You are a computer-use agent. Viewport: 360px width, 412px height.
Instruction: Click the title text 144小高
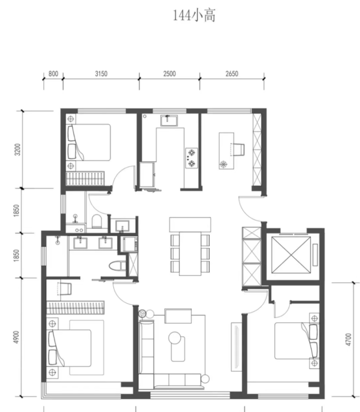pos(194,16)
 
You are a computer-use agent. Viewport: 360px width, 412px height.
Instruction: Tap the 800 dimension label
pos(53,74)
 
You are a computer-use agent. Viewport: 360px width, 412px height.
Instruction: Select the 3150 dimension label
pos(101,74)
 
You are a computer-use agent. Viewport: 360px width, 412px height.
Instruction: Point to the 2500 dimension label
pos(169,74)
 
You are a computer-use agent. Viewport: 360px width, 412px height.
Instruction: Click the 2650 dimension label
pos(232,74)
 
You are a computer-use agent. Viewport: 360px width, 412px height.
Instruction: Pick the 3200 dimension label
pos(18,150)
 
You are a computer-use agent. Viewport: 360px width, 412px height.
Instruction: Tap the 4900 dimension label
pos(16,337)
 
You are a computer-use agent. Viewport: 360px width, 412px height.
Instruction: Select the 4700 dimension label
pos(348,339)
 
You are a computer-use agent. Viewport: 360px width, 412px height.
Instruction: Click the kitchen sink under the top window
pos(169,121)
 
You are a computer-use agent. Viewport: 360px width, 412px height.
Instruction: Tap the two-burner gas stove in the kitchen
pos(192,158)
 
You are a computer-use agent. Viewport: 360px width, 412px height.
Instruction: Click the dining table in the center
pos(190,254)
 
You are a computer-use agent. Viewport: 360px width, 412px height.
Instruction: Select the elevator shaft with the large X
pos(291,255)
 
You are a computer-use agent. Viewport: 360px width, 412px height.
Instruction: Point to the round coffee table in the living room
pos(175,338)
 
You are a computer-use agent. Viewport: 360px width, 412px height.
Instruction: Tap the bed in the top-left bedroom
pos(89,142)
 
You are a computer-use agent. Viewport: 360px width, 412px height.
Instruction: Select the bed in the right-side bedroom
pos(296,341)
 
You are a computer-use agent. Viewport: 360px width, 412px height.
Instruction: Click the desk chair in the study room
pos(239,150)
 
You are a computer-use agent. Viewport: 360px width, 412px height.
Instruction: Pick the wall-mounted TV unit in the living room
pos(236,342)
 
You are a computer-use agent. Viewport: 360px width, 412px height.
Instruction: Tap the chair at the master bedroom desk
pos(66,289)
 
